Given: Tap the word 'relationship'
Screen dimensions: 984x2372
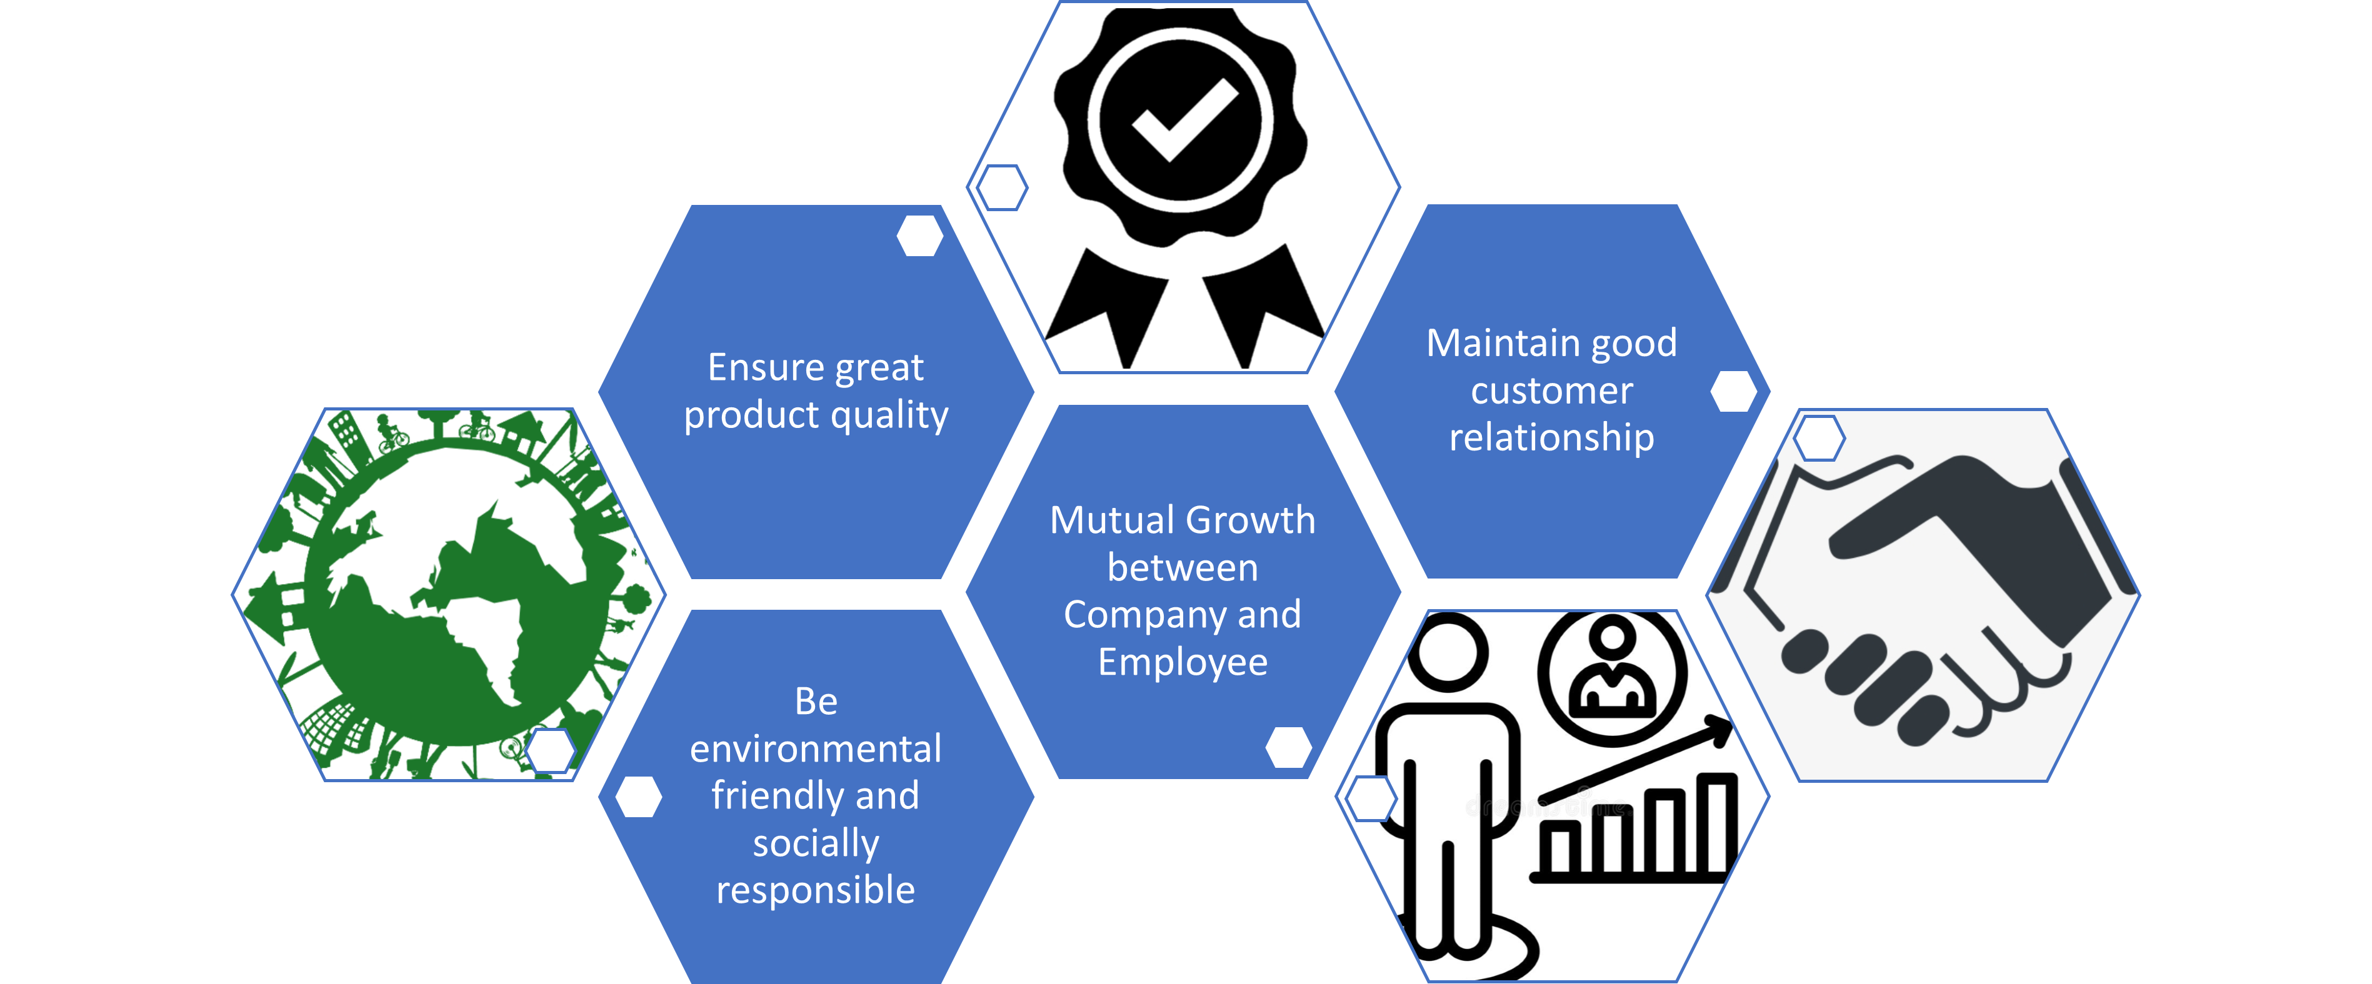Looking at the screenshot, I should (1551, 438).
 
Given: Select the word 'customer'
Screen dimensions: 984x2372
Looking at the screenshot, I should (1551, 391).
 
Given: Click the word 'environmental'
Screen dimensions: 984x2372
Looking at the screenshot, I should (816, 749).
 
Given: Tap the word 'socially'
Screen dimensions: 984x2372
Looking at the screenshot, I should (816, 843).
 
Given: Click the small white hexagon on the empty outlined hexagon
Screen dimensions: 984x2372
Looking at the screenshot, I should (1002, 188).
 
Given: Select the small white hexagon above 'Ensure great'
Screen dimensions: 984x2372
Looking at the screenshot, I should (920, 236).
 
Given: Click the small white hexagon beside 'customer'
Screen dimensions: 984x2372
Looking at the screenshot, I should (1733, 391).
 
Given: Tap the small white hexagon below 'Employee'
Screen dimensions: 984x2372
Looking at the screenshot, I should (1288, 747).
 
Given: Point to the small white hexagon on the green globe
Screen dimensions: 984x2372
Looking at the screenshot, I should (551, 750).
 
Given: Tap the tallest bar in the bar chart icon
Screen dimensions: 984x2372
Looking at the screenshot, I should (1718, 825).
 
